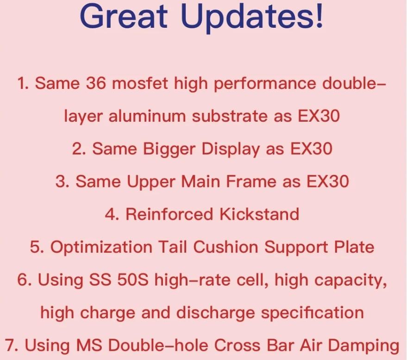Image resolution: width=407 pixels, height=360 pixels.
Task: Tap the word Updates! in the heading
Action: [x=252, y=17]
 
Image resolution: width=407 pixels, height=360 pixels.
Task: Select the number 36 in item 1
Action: [x=96, y=83]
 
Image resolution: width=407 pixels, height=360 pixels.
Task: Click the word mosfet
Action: [x=140, y=83]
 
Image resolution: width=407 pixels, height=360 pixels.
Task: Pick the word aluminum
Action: [x=147, y=116]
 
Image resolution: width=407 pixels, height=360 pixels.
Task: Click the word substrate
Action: [x=230, y=116]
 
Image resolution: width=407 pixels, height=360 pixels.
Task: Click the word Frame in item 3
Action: [x=251, y=181]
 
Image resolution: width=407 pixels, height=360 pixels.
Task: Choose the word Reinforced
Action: [x=169, y=214]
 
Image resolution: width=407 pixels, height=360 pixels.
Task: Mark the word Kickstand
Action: [x=259, y=214]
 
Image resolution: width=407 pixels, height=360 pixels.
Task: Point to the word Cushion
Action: [x=225, y=247]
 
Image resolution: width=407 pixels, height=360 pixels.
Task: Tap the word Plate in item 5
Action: [x=354, y=247]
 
